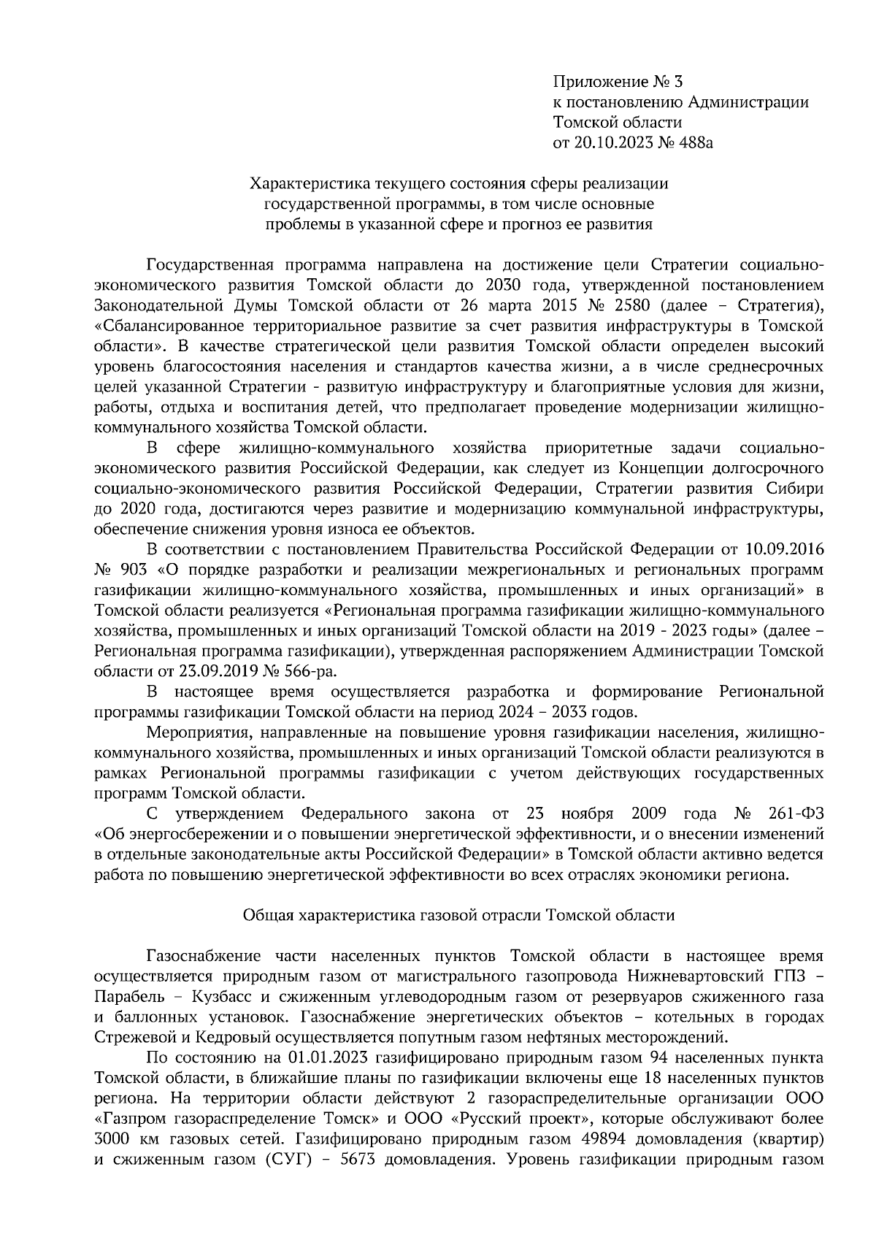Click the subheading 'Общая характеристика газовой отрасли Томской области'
point(458,914)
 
